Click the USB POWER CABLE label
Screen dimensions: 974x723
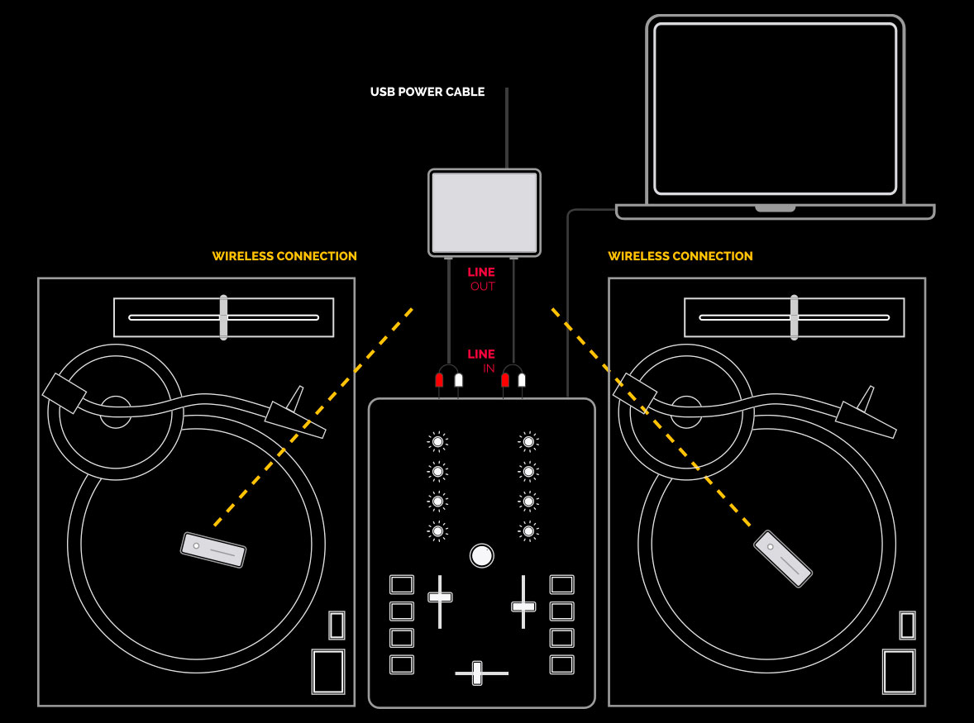(x=427, y=92)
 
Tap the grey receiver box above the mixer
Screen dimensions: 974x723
(x=485, y=213)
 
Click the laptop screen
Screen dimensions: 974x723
(x=776, y=109)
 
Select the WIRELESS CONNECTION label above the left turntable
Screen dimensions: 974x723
(x=284, y=256)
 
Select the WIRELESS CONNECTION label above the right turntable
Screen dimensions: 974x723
(x=680, y=256)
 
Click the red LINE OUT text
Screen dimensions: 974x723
(x=481, y=279)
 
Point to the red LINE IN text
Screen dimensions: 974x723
(x=481, y=361)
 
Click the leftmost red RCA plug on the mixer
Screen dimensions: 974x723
(x=439, y=380)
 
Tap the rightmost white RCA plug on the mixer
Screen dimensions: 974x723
(x=522, y=380)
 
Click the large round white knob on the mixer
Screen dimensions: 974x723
(x=481, y=556)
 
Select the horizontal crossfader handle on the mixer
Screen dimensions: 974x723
(x=477, y=673)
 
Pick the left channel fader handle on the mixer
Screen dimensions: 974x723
(x=440, y=597)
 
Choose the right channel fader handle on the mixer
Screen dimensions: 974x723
(x=523, y=606)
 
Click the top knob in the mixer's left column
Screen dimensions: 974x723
(x=438, y=442)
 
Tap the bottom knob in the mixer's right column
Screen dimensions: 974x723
(x=528, y=531)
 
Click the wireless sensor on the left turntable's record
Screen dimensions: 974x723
(x=213, y=549)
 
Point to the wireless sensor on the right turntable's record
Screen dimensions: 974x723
(x=783, y=559)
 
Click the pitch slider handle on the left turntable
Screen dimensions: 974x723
(x=223, y=318)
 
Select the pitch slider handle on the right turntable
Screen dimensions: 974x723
(x=794, y=318)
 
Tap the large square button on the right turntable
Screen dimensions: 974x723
(x=899, y=672)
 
